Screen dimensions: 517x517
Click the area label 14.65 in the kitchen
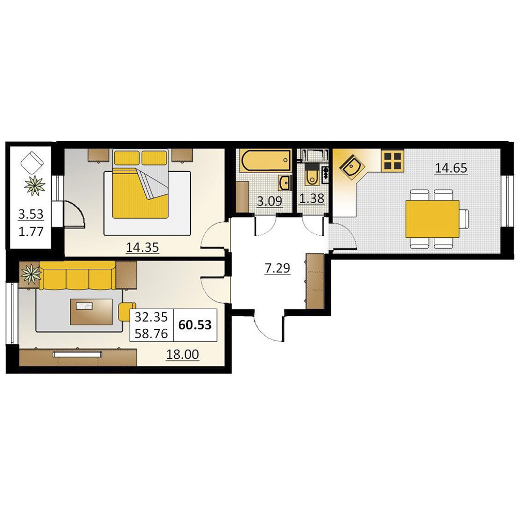[451, 168]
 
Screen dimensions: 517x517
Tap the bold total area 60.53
[195, 325]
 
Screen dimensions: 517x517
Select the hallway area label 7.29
[277, 268]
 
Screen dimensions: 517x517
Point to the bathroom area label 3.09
[269, 201]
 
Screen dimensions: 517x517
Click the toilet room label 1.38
[312, 199]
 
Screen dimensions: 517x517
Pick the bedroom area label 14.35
[143, 247]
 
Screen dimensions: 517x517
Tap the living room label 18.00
[183, 355]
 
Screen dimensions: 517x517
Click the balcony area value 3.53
[31, 215]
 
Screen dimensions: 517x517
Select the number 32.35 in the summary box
[151, 317]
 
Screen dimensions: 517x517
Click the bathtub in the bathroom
[266, 161]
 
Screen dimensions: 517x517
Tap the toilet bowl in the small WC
[311, 177]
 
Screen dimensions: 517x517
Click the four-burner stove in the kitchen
[393, 161]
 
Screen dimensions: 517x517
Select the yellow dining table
[432, 219]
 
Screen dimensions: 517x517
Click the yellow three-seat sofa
[78, 276]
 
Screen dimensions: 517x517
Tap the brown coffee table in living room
[92, 312]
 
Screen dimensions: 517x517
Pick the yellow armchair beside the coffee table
[127, 312]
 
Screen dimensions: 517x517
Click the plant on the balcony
[34, 186]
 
